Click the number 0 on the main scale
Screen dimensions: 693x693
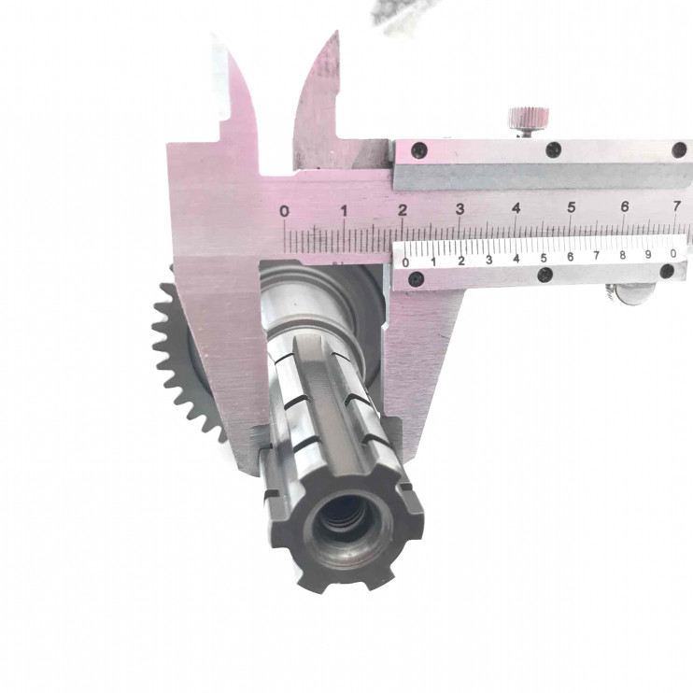click(284, 211)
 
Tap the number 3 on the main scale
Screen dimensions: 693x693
click(460, 209)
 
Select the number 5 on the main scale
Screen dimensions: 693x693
click(572, 206)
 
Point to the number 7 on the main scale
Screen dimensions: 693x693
click(676, 205)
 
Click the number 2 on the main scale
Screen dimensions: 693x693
click(403, 210)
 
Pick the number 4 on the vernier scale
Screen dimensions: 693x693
click(516, 258)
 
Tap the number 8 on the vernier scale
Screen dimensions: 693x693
click(622, 255)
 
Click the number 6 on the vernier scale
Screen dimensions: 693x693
click(570, 257)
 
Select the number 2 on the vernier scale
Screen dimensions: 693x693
click(461, 261)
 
